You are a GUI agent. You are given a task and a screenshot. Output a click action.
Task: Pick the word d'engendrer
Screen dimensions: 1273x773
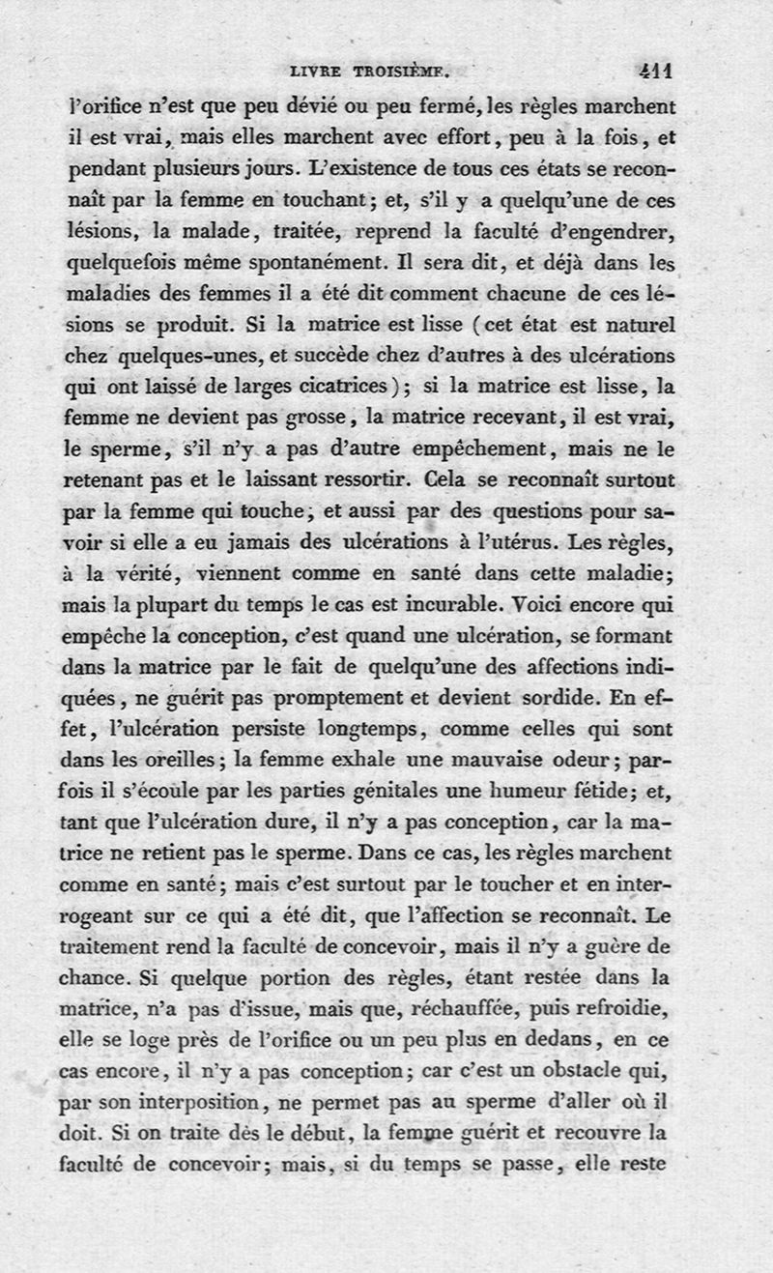coord(612,233)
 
